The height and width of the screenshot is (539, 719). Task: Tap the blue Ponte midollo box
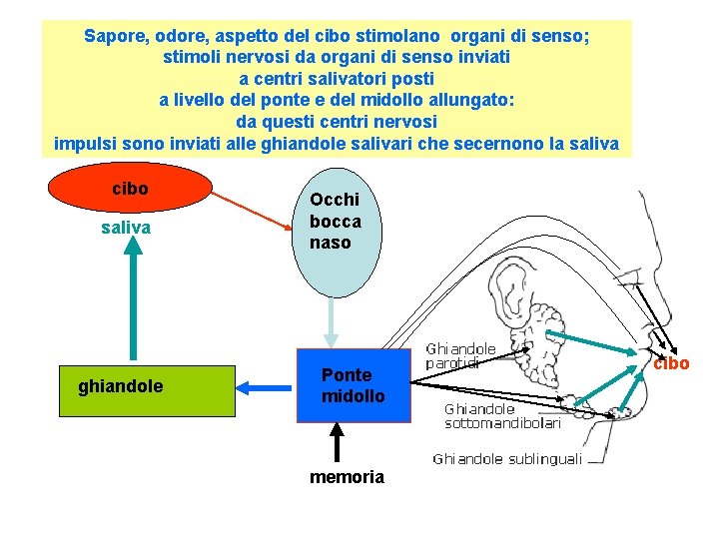353,386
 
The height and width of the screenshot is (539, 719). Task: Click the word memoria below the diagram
347,477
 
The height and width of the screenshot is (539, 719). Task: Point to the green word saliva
127,229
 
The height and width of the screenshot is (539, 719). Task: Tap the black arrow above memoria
338,443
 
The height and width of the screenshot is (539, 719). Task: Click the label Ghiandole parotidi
460,356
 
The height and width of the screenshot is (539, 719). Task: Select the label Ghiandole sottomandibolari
501,415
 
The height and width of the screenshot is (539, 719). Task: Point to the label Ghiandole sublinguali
506,459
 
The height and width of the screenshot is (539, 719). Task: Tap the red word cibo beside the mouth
671,363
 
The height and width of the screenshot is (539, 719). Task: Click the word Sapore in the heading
114,36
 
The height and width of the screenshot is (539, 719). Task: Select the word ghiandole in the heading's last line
358,143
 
